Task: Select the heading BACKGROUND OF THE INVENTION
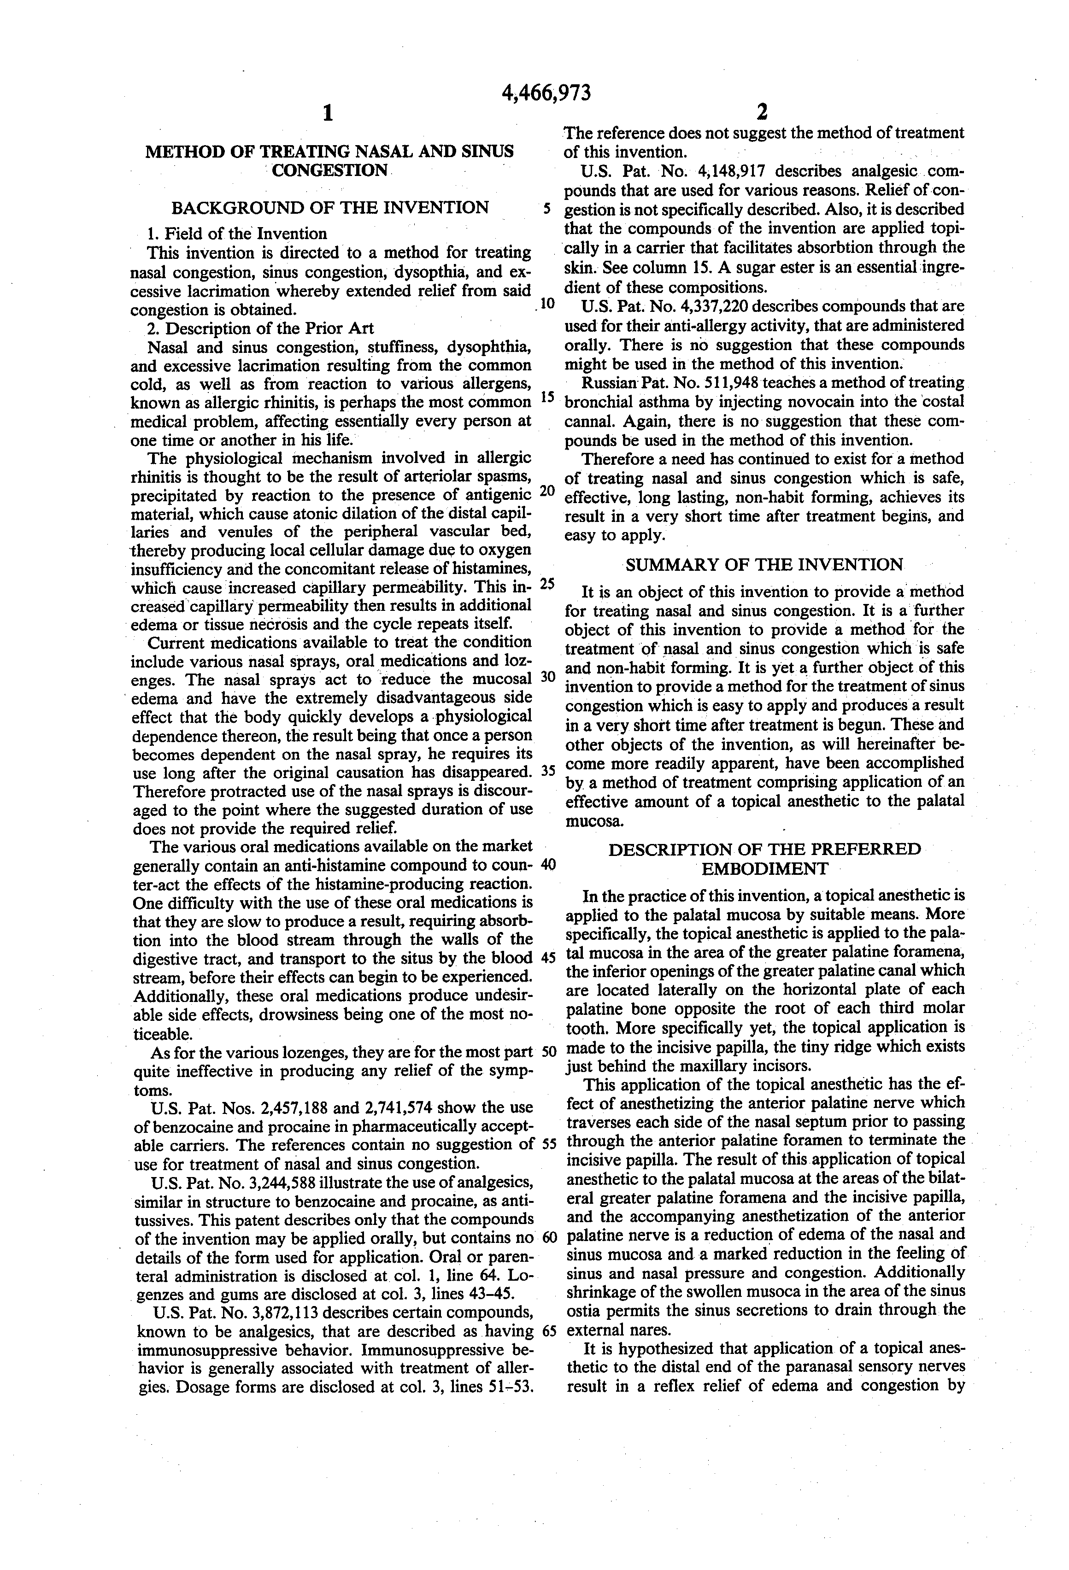tap(330, 207)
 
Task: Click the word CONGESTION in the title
tap(330, 170)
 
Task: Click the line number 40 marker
tap(548, 864)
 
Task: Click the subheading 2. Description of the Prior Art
tap(260, 328)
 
